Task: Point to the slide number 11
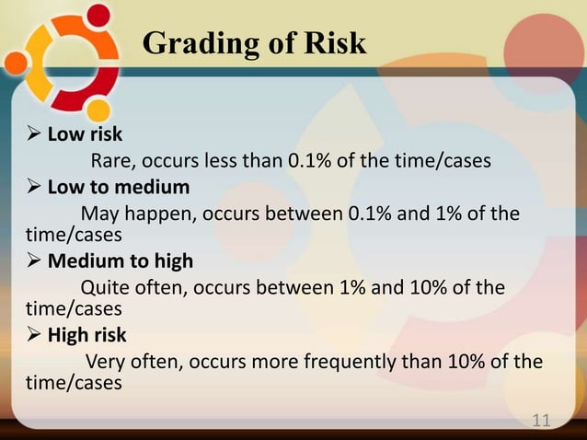541,421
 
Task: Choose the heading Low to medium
118,188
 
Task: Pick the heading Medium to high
121,261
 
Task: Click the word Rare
110,162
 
